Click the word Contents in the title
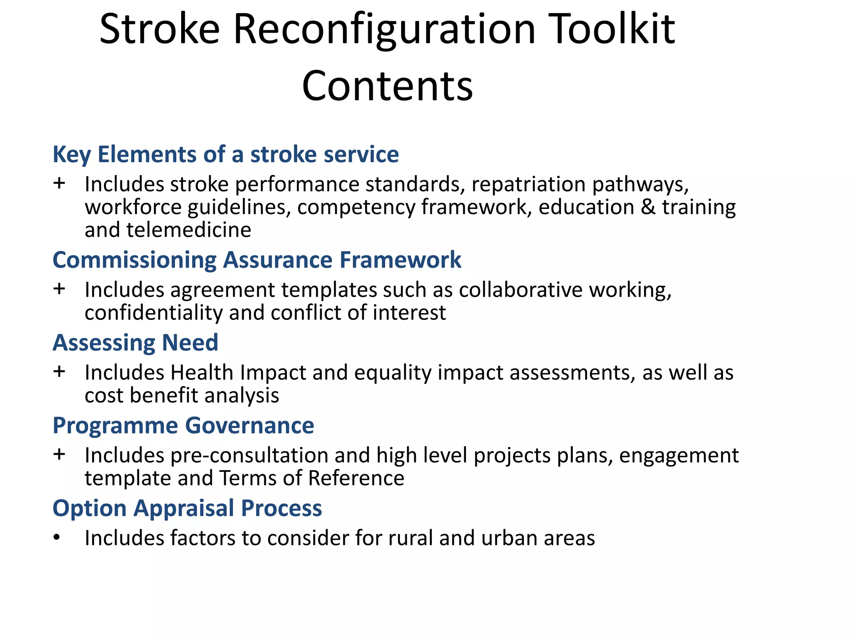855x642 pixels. pyautogui.click(x=387, y=86)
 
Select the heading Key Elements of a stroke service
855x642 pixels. pyautogui.click(x=225, y=154)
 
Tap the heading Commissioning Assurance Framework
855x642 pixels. pyautogui.click(x=257, y=260)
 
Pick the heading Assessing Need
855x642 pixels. pyautogui.click(x=135, y=343)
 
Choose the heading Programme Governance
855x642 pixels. pyautogui.click(x=183, y=425)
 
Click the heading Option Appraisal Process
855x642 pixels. pyautogui.click(x=187, y=508)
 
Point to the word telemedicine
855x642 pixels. pyautogui.click(x=189, y=230)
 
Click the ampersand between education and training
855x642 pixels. pyautogui.click(x=648, y=207)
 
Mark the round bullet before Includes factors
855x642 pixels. pyautogui.click(x=57, y=538)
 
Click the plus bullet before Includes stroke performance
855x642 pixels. pyautogui.click(x=59, y=183)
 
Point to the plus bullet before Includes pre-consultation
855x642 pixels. pyautogui.click(x=59, y=454)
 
